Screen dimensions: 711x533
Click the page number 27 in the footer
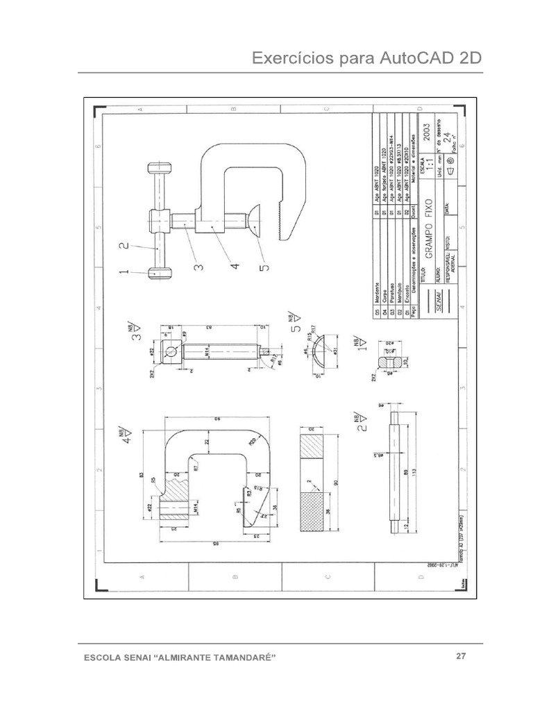coord(460,656)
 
